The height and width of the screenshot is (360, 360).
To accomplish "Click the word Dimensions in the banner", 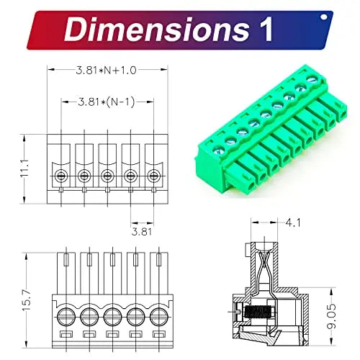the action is click(157, 30).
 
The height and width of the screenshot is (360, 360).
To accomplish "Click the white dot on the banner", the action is click(324, 17).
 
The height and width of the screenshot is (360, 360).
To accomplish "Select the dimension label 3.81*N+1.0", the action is click(106, 71).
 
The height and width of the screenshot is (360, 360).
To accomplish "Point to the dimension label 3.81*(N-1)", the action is click(107, 102).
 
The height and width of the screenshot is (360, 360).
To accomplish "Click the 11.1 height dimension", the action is click(25, 168).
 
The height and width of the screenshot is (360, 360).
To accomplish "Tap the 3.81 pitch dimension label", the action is click(142, 232).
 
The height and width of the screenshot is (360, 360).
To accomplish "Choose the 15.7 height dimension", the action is click(27, 300).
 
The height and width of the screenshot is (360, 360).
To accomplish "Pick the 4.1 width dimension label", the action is click(293, 223).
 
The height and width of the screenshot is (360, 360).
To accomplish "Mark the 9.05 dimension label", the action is click(332, 316).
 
